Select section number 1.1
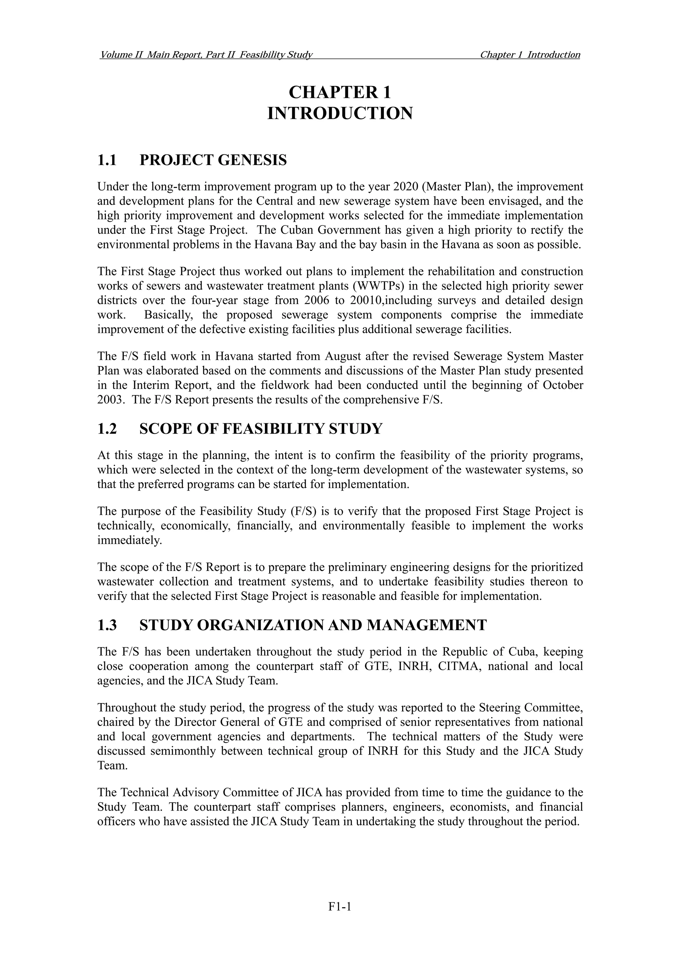(107, 160)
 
